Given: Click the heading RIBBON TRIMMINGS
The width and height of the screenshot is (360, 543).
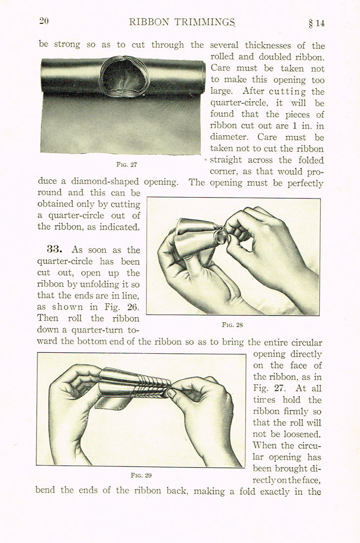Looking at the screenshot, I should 182,22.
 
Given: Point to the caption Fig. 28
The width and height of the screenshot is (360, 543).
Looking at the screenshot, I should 233,325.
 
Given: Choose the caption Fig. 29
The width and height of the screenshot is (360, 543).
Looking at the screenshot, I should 141,475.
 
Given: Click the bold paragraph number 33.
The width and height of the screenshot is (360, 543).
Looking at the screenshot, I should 57,250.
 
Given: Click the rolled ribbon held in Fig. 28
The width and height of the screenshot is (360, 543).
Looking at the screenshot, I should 197,237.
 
